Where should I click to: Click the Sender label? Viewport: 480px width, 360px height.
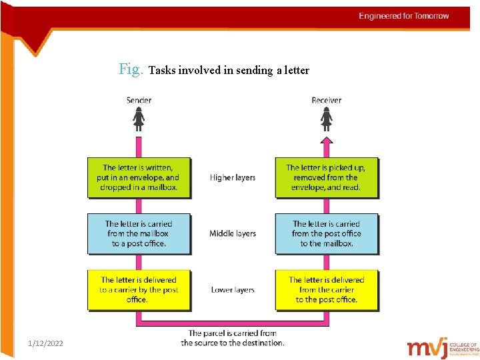coord(139,101)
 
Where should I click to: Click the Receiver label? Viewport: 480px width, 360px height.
coord(326,101)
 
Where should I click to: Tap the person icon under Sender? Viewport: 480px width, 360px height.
coord(139,119)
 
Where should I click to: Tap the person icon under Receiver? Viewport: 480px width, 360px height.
coord(326,119)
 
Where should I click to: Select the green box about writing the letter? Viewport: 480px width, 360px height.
coord(139,177)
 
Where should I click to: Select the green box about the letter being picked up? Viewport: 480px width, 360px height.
coord(326,177)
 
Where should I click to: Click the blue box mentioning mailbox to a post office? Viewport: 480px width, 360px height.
coord(139,233)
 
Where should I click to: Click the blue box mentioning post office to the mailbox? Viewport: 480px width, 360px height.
coord(326,233)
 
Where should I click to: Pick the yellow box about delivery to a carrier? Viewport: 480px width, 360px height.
coord(139,289)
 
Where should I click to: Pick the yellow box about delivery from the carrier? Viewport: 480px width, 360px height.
coord(326,289)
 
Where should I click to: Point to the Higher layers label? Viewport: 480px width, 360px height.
coord(233,177)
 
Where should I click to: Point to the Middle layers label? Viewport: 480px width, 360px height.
coord(233,233)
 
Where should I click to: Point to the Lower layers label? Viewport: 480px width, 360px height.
coord(233,289)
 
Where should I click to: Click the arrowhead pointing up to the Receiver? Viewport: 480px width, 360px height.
coord(326,140)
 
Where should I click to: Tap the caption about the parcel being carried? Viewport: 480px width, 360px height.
coord(233,338)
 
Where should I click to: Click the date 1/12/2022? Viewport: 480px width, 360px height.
coord(46,343)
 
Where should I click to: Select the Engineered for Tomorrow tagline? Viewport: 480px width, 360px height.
coord(404,16)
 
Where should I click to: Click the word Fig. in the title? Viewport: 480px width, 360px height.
coord(131,69)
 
